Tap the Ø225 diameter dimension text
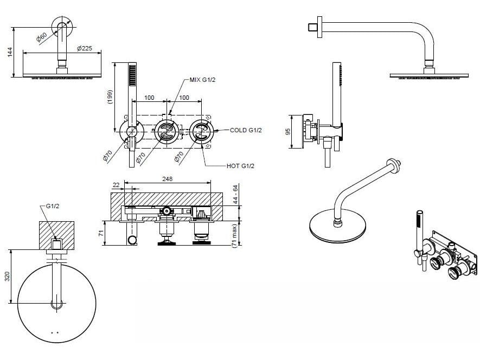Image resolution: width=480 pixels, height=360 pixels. [85, 48]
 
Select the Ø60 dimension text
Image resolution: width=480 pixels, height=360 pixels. [42, 37]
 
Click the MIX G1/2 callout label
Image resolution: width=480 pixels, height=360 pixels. [202, 80]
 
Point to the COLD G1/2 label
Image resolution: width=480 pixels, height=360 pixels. [246, 130]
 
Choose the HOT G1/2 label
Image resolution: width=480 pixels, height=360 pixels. [240, 166]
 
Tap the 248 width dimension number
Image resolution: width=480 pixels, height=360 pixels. [167, 179]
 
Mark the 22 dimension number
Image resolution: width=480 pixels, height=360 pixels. [116, 185]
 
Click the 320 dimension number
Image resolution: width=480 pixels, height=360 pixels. [7, 277]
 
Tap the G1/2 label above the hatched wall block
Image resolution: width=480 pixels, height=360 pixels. [52, 207]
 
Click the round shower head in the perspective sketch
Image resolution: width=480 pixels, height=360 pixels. [337, 226]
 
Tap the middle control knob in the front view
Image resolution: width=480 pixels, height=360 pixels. [167, 131]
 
